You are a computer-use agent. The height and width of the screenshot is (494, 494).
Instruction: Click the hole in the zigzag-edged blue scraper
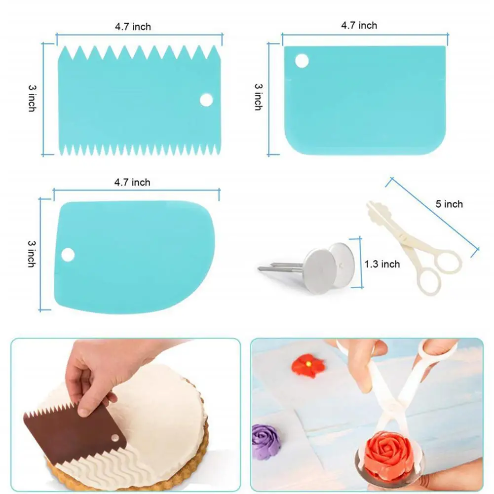[x=206, y=100]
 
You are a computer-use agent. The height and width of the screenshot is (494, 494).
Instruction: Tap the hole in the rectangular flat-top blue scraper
[x=302, y=61]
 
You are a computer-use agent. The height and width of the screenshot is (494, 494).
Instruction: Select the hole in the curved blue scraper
[x=68, y=255]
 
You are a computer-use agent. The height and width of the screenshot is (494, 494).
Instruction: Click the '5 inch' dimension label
[x=449, y=204]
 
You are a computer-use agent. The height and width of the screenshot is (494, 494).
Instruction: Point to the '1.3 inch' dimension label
[x=382, y=264]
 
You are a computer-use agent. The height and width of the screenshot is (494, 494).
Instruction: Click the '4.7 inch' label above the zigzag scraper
[x=133, y=27]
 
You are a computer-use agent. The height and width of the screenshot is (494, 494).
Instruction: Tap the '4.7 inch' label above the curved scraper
[x=132, y=183]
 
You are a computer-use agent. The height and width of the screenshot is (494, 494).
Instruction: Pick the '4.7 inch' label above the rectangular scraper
[x=359, y=26]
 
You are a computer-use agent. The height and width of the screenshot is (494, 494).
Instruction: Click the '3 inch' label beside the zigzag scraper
[x=32, y=98]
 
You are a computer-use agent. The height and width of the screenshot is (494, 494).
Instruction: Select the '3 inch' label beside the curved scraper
[x=32, y=254]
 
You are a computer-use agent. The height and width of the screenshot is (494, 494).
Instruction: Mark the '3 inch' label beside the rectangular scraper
[x=258, y=97]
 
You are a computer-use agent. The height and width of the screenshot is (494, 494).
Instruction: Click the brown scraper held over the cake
[x=76, y=432]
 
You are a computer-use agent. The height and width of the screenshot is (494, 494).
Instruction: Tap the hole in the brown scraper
[x=115, y=438]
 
